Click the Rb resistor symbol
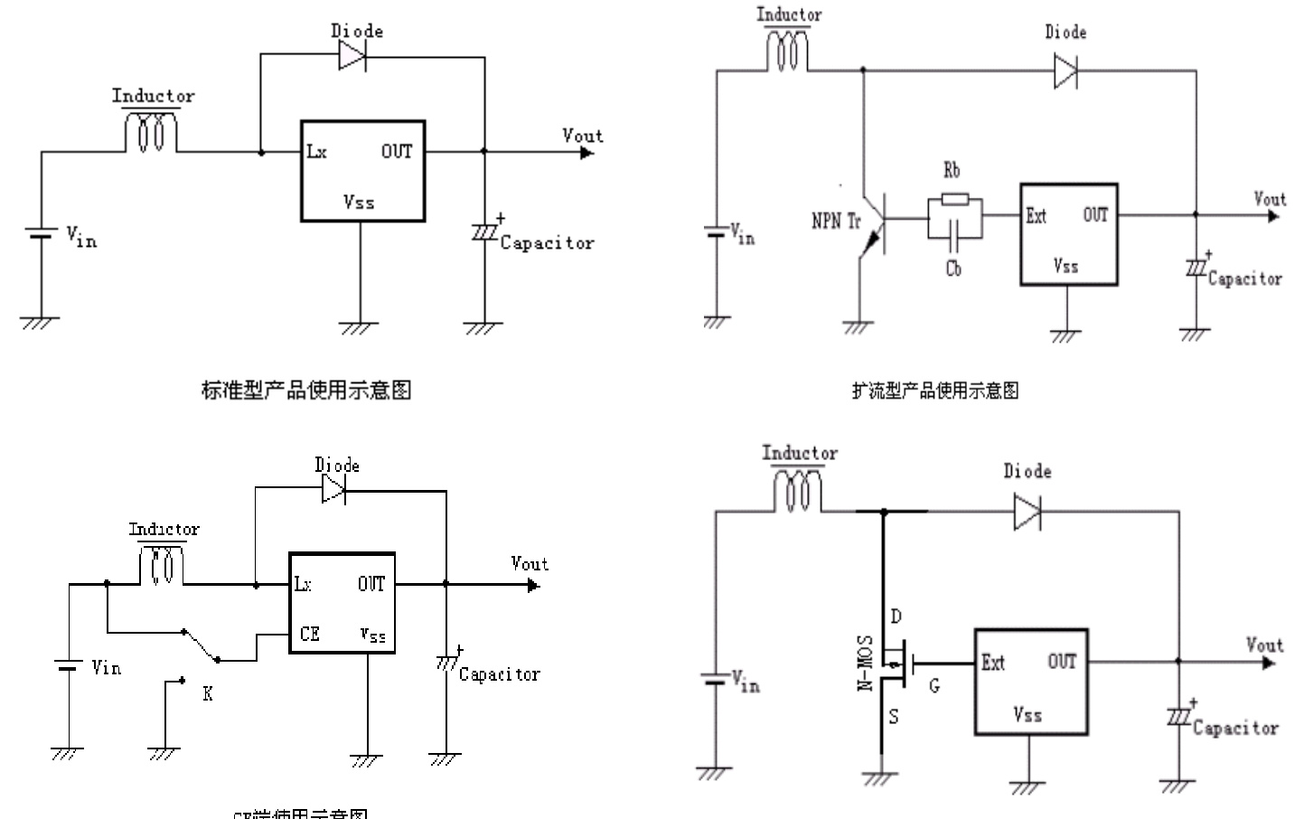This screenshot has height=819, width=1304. tap(954, 199)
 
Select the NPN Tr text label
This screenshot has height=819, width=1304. tap(836, 221)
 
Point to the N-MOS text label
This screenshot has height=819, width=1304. tap(865, 663)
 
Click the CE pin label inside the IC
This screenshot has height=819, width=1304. tap(309, 634)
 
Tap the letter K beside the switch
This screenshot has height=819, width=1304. tap(208, 694)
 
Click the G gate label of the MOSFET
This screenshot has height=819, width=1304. tap(934, 686)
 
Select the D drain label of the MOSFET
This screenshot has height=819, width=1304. tap(896, 617)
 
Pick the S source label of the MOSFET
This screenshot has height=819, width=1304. tap(894, 717)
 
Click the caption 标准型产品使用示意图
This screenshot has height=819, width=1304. tap(306, 390)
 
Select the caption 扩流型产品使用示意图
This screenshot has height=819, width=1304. tap(935, 391)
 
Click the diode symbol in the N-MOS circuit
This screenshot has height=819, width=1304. tap(1027, 512)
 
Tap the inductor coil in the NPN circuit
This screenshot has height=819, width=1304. tap(787, 51)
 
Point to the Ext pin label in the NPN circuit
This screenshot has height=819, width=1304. tap(1036, 216)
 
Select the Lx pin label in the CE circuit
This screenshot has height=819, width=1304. tap(303, 585)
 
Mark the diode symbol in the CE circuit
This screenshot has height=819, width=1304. tap(333, 490)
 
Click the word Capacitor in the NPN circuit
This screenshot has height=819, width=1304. tap(1245, 279)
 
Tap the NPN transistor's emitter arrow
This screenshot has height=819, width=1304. tap(872, 241)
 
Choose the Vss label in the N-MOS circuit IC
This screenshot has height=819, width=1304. tap(1027, 715)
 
